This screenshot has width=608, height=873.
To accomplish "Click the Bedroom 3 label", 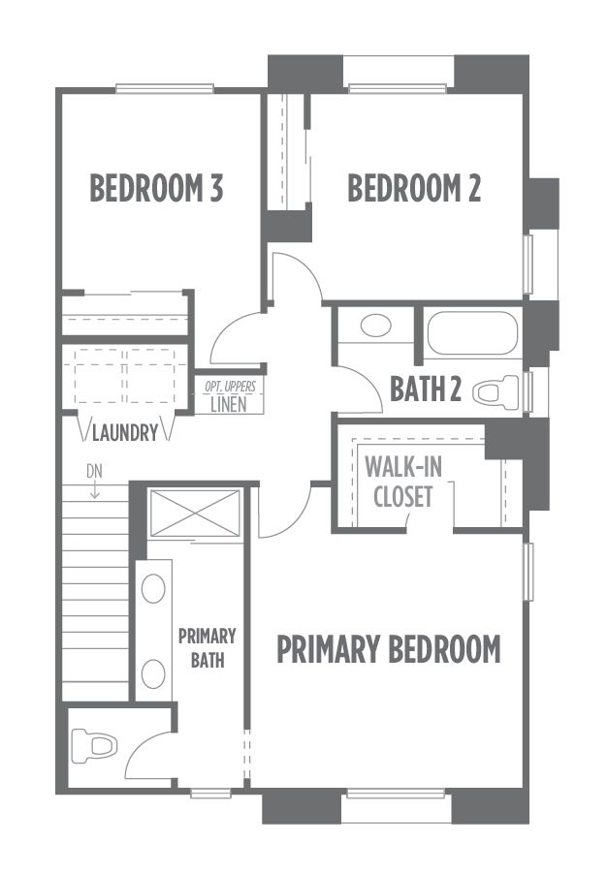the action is [156, 188].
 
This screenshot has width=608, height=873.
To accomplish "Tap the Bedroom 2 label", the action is [414, 188].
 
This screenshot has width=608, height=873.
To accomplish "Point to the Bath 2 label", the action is [426, 389].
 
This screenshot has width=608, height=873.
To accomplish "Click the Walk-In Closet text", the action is [403, 481].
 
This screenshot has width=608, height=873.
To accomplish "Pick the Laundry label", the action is [125, 432].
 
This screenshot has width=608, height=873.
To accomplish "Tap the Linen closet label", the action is [229, 404].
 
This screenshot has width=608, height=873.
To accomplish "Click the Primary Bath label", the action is [208, 648].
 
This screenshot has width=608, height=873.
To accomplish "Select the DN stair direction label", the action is [95, 472].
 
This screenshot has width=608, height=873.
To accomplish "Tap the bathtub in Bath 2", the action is [472, 332].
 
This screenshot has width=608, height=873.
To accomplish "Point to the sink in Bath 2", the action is [375, 326].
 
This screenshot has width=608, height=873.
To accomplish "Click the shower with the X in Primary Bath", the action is [195, 514].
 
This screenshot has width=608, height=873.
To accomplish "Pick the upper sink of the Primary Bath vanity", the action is [153, 588].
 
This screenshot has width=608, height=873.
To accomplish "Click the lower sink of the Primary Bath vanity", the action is [153, 673].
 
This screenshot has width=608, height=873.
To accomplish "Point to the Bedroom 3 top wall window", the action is [165, 88].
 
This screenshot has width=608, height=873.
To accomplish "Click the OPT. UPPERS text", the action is [230, 387].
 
